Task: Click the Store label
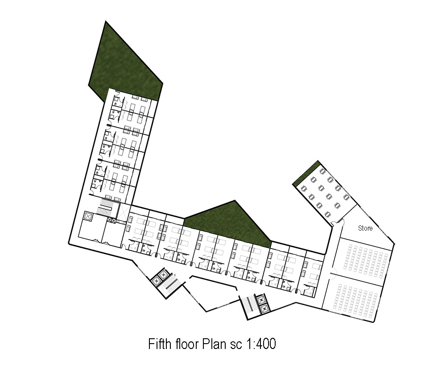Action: pos(365,228)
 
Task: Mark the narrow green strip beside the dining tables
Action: pos(306,174)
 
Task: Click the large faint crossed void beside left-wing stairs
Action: pos(124,212)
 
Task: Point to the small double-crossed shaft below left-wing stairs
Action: pos(111,220)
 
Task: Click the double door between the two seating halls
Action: pos(332,274)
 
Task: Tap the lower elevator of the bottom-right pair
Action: pos(263,308)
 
